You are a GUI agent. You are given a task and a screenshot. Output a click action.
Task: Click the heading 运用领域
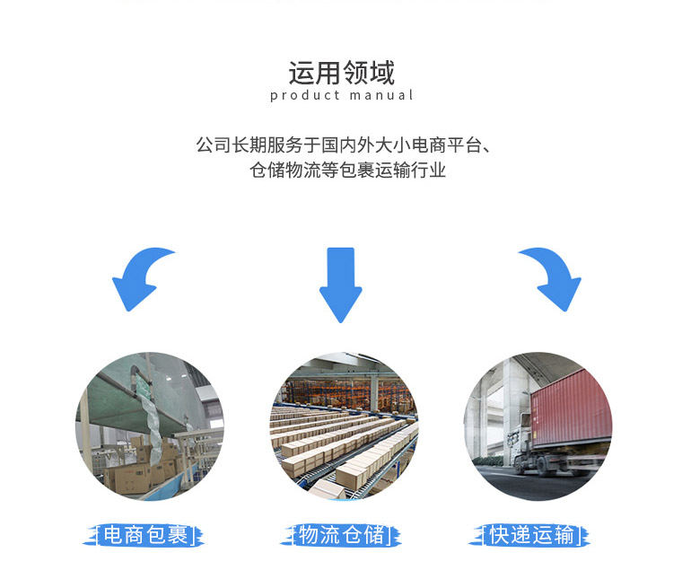point(341,73)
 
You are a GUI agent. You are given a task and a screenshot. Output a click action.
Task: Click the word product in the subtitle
point(305,95)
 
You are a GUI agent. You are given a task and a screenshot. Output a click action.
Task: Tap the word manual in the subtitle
point(381,95)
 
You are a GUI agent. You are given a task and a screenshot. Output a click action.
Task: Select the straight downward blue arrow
point(341,285)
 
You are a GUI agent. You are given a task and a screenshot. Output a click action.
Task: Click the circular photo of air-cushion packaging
point(150,426)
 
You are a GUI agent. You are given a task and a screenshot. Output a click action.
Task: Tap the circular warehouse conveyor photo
point(344,426)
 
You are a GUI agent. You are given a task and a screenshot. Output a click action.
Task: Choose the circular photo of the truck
point(538,426)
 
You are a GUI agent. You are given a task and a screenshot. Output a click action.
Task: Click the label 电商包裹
point(145,535)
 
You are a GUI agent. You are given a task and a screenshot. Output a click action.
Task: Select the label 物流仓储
point(341,535)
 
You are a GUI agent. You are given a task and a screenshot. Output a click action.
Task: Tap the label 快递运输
point(531,535)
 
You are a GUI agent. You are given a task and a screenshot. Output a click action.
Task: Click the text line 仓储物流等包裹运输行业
point(347,170)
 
